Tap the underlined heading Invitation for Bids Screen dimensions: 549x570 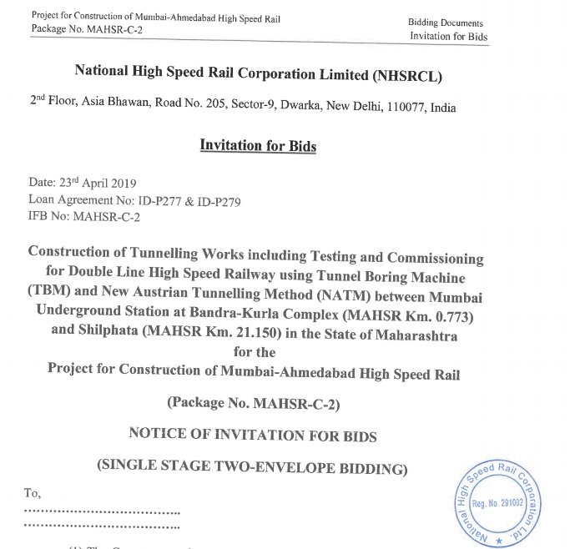click(258, 145)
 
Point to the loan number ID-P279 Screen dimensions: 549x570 click(219, 200)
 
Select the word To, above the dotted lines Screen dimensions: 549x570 click(33, 494)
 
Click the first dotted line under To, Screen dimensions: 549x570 click(103, 511)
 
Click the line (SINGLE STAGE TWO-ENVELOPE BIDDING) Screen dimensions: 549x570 click(252, 467)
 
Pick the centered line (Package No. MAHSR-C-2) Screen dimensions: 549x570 click(253, 403)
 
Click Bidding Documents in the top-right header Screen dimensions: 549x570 click(446, 23)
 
